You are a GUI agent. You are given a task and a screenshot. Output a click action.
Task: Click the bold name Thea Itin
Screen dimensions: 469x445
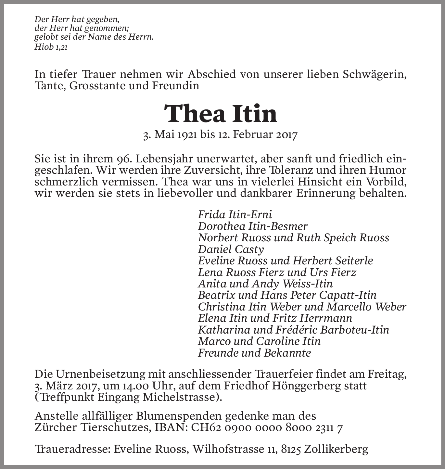click(221, 114)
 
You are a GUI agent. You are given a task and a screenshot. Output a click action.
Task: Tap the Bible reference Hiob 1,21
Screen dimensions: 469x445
click(51, 47)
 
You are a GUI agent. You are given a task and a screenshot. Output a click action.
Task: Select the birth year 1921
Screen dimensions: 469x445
click(187, 134)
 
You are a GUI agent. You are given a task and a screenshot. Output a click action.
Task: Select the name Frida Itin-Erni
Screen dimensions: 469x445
click(235, 214)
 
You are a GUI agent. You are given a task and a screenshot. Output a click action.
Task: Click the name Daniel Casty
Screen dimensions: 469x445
click(231, 249)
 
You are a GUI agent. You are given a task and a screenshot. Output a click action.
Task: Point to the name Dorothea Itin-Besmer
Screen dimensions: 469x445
click(253, 226)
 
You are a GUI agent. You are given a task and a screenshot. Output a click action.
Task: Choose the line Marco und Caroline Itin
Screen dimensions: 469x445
click(259, 341)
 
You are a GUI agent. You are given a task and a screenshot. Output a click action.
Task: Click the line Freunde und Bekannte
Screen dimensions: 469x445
click(254, 353)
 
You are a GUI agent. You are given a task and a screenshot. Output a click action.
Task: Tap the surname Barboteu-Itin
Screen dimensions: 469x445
click(355, 330)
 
